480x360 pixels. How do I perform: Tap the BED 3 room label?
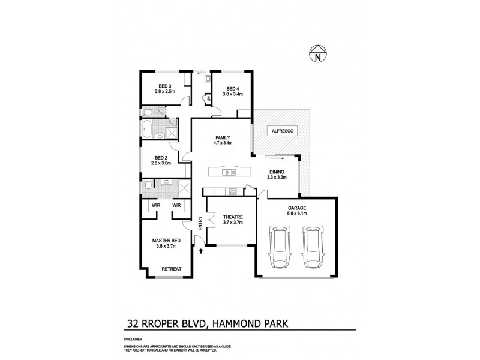point(164,86)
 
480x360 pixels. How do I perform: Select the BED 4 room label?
point(232,89)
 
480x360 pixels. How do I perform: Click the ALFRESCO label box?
point(280,130)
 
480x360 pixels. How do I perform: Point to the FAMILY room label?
point(221,137)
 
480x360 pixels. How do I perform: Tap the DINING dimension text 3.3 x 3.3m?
point(277,177)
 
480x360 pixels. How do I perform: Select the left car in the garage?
point(280,245)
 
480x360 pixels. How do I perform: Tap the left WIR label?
point(156,205)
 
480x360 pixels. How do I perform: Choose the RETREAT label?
point(172,269)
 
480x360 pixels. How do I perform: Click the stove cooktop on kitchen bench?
point(233,192)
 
